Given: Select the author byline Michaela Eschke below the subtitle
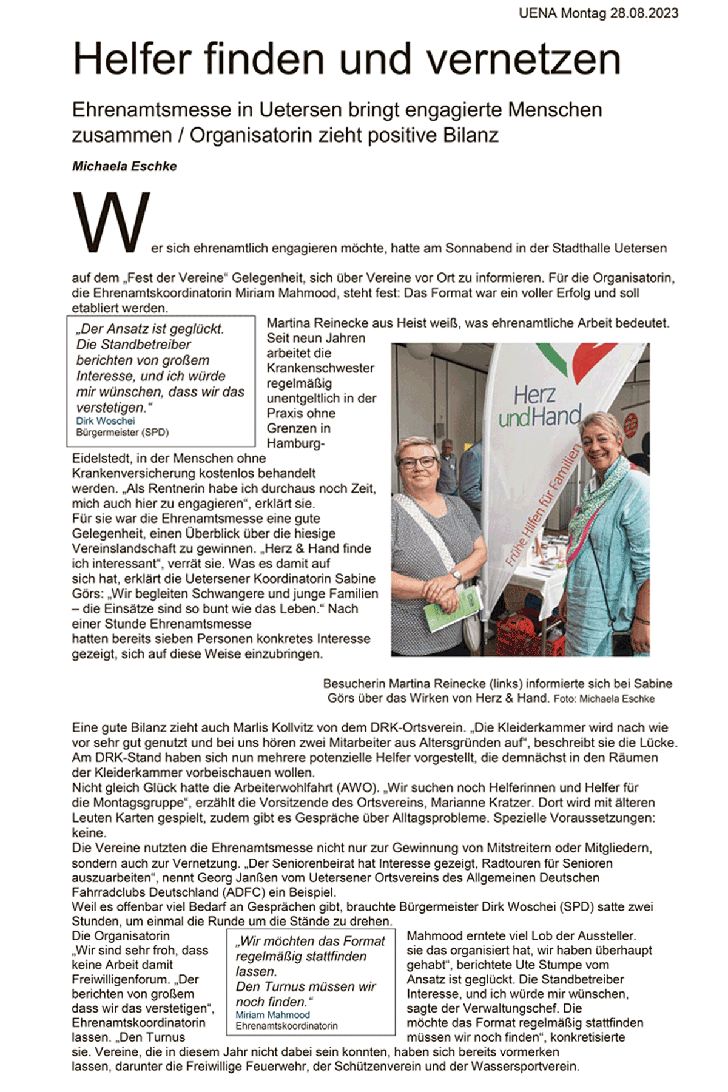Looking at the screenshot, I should tap(124, 166).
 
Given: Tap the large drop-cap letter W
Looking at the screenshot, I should tap(111, 222).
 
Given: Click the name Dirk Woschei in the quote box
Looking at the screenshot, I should tap(106, 421).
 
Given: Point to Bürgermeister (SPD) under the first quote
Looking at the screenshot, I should tap(122, 433).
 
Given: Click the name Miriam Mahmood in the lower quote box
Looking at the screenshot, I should tap(272, 1015).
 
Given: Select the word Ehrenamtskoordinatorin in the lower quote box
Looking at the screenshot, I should tap(286, 1026).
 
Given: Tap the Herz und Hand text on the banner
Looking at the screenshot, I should tap(539, 406).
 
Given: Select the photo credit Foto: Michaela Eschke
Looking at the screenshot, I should tap(604, 699).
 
